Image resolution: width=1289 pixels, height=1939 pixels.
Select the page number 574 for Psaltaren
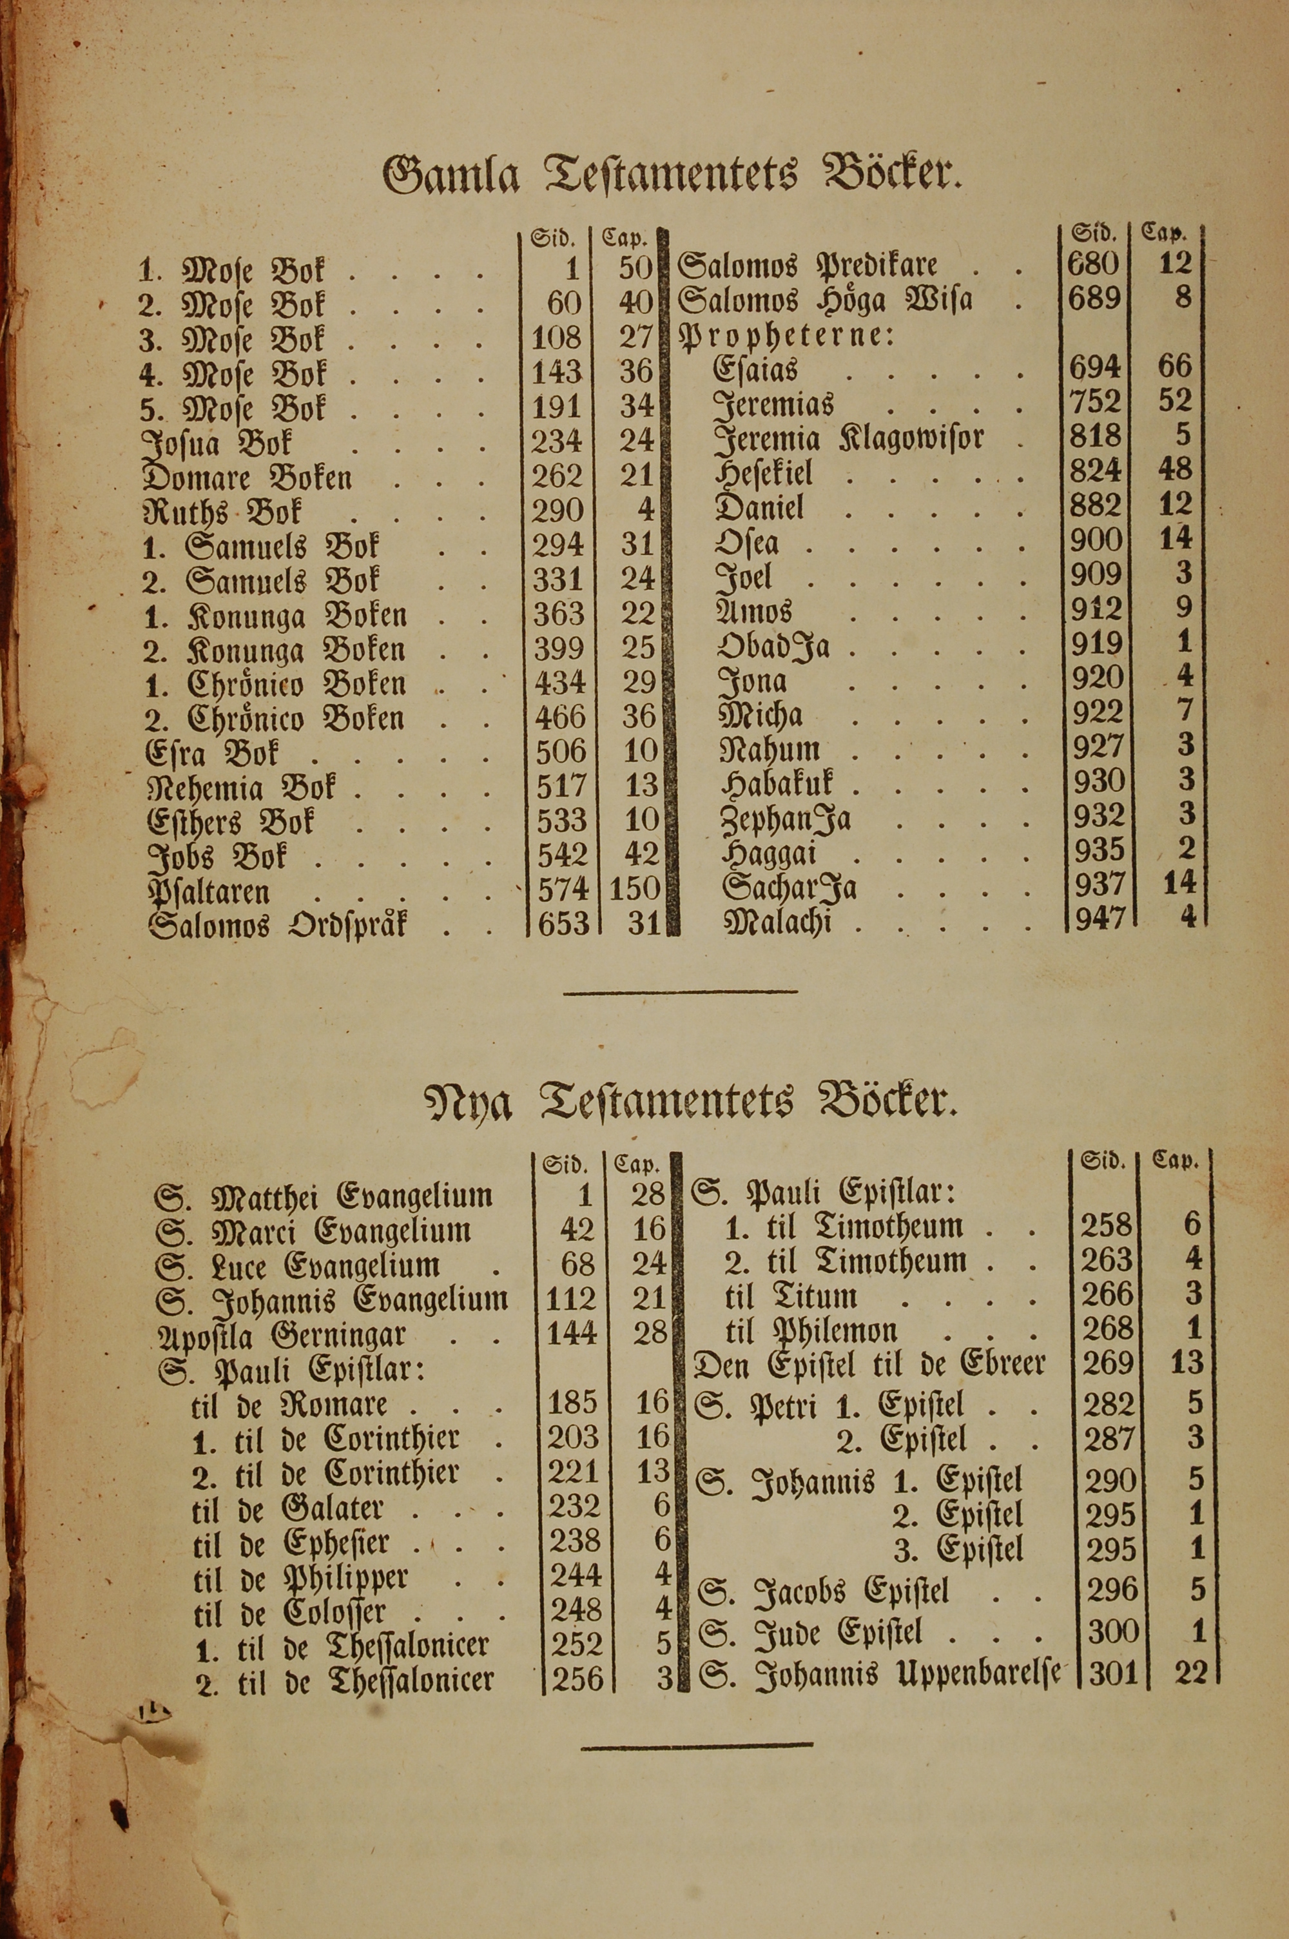[x=563, y=890]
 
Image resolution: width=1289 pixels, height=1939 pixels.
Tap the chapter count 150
[x=635, y=890]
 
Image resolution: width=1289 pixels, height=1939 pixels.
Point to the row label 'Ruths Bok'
[x=223, y=513]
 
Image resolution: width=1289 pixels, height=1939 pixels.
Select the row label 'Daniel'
[x=760, y=507]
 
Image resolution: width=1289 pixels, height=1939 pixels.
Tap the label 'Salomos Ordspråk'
[x=277, y=926]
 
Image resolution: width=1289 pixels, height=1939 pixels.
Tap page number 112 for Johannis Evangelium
[x=570, y=1300]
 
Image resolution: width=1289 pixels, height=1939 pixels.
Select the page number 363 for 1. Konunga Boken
[x=559, y=615]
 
